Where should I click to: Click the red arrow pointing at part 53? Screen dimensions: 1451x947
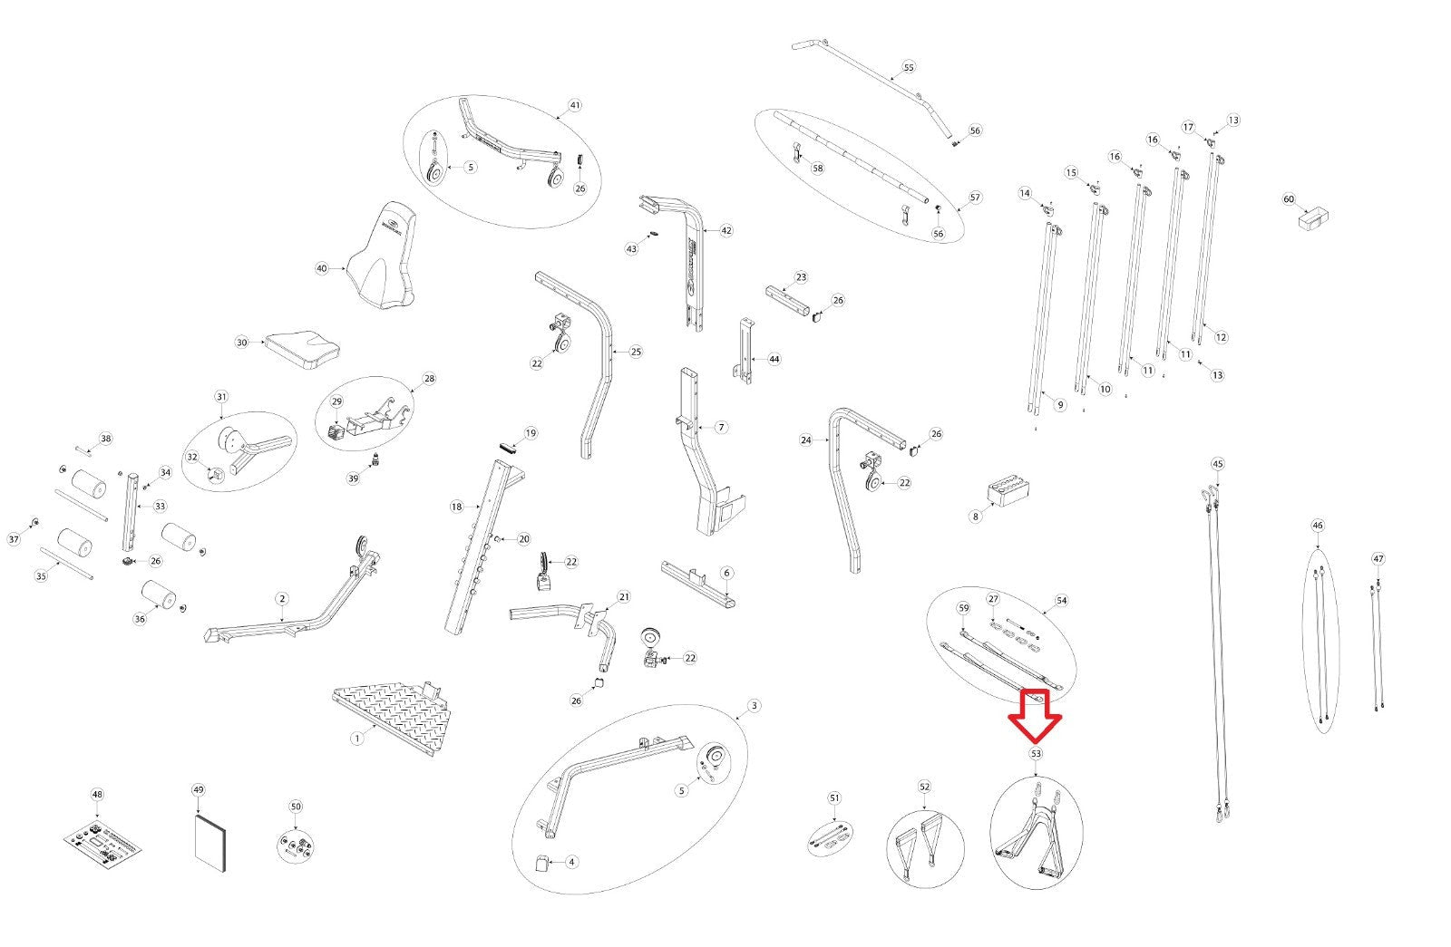1035,716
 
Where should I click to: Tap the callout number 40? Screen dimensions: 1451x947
322,268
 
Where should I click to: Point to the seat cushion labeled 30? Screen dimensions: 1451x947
302,350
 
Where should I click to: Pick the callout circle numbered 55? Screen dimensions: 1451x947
908,67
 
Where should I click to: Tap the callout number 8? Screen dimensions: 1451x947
976,517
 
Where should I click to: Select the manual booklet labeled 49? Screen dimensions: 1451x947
210,844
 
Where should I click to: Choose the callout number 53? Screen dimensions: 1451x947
1036,753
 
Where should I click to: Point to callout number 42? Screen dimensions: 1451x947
726,230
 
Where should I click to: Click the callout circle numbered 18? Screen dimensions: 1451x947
457,507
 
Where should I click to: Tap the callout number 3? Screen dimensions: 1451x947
754,706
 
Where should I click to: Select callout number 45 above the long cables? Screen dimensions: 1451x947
1218,464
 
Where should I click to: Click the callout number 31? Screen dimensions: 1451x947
221,397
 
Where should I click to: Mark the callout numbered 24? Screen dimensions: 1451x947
806,440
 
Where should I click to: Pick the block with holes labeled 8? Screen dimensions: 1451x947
1008,493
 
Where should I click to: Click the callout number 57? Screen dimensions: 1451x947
975,198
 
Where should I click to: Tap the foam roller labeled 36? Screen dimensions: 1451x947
159,594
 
